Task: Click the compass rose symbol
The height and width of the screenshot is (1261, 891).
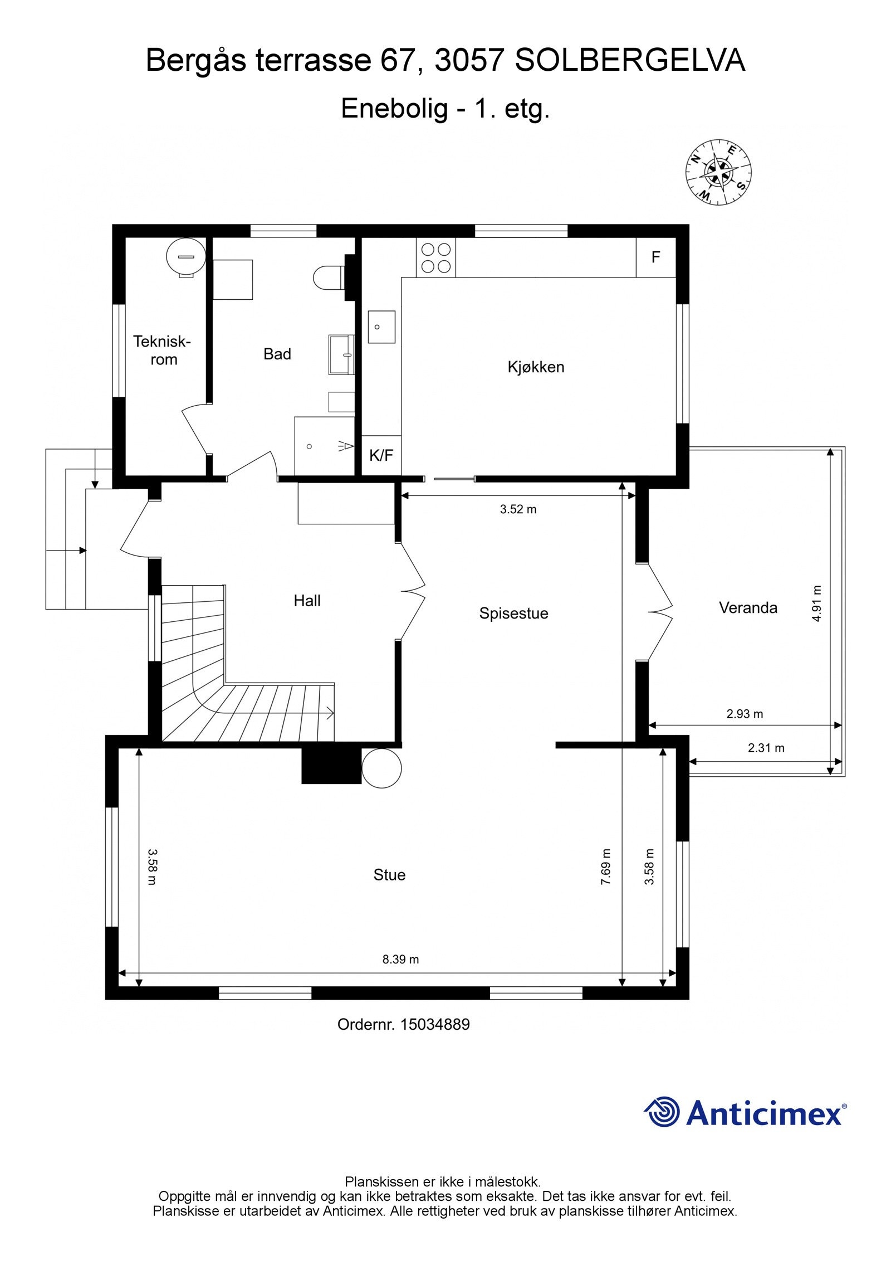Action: tap(718, 172)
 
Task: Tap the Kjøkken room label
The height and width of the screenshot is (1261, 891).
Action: tap(536, 367)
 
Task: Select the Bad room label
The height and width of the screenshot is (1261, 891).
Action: tap(277, 354)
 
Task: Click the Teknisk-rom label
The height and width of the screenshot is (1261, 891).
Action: tap(162, 350)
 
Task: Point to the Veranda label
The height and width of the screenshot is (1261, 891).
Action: tap(748, 607)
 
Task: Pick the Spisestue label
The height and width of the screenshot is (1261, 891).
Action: tap(513, 614)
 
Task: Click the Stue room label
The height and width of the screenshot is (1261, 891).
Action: tap(389, 875)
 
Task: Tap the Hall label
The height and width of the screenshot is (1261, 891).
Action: tap(307, 601)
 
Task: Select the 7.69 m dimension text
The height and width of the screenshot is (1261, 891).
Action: tap(606, 866)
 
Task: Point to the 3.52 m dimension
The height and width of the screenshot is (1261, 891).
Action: tap(518, 509)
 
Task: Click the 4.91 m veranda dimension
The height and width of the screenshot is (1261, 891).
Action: tap(816, 603)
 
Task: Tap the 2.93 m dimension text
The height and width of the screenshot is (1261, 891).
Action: tap(745, 714)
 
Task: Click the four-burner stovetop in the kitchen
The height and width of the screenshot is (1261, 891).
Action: tap(435, 257)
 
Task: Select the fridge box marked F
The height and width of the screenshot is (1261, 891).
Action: tap(656, 257)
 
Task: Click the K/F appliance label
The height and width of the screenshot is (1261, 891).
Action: tap(381, 455)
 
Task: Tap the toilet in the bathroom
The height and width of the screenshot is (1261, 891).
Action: tap(330, 277)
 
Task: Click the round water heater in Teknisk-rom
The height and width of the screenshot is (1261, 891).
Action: tap(186, 257)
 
